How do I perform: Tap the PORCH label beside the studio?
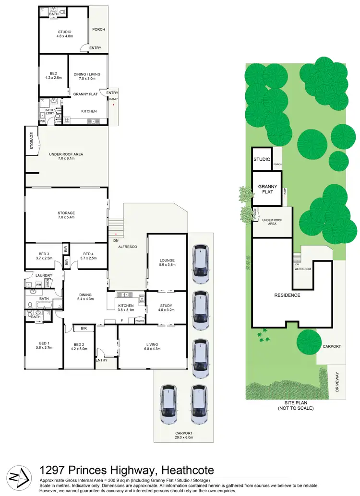click(98, 30)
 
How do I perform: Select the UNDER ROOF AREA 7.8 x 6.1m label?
click(66, 156)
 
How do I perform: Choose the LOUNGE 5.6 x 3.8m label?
click(167, 263)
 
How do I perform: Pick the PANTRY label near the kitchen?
click(140, 321)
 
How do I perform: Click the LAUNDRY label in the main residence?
click(44, 275)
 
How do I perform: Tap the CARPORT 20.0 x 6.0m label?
click(183, 435)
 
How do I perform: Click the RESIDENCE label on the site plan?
click(287, 295)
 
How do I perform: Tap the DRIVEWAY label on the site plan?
click(337, 381)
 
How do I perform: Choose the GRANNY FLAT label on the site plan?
click(267, 189)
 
